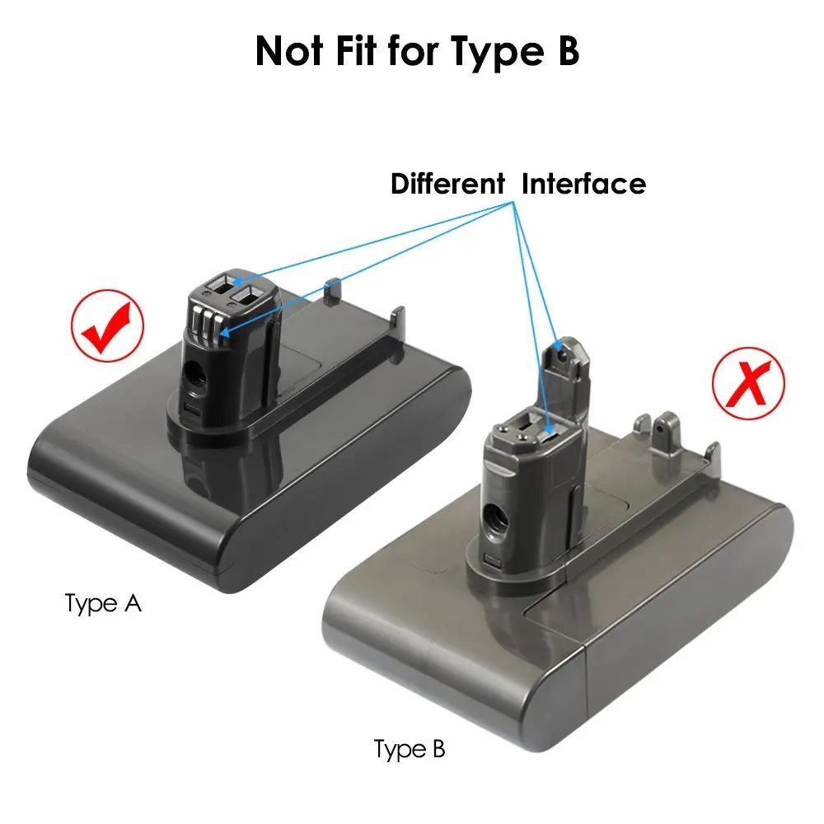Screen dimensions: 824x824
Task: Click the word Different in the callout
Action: click(447, 183)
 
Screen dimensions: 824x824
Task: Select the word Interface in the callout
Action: click(583, 183)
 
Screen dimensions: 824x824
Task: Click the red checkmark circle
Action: click(108, 326)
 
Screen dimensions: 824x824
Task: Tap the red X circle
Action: click(749, 385)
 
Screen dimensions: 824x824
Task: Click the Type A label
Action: click(103, 603)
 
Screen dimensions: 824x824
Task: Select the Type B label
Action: click(410, 749)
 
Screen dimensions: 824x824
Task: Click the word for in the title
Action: click(420, 51)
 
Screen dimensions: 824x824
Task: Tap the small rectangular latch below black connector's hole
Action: click(192, 410)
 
